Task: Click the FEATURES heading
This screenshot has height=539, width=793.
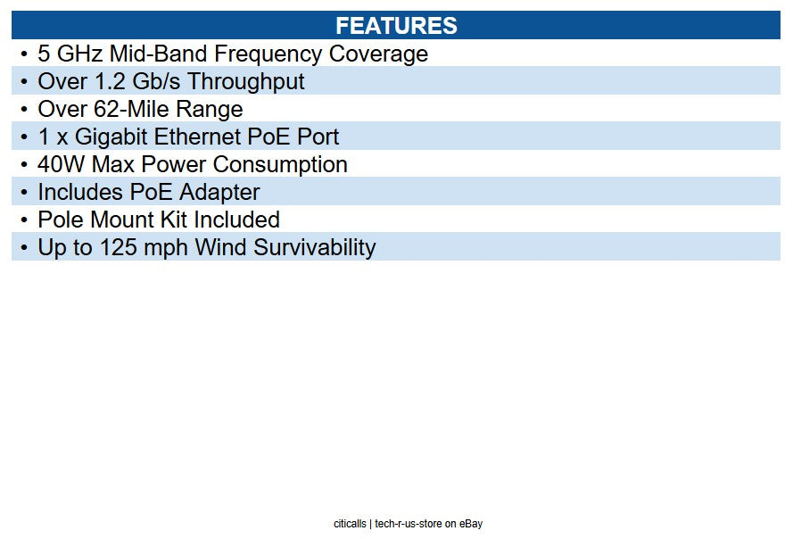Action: point(396,25)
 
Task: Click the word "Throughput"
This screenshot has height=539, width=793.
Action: point(246,81)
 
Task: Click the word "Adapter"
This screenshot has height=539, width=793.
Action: point(220,192)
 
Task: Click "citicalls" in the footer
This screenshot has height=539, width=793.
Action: point(350,524)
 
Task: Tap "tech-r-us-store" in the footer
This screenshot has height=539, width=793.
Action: point(409,524)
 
